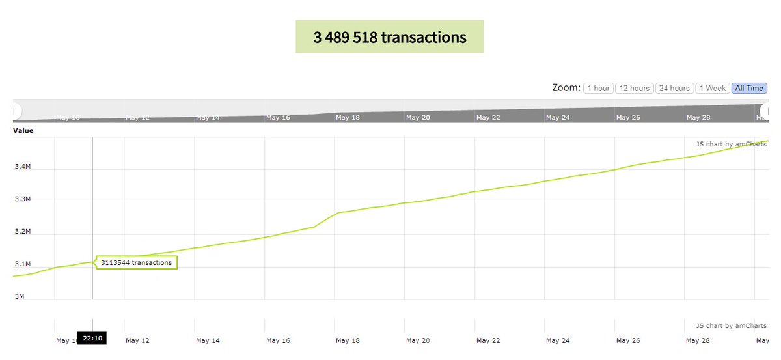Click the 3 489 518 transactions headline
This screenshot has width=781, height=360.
click(389, 37)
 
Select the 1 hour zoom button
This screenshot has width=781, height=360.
click(598, 88)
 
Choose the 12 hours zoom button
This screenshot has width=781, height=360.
click(634, 88)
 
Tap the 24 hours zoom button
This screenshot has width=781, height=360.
click(674, 88)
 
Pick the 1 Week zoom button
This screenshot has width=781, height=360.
click(712, 88)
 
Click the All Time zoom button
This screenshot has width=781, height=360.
click(749, 88)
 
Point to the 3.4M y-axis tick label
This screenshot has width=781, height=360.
click(23, 167)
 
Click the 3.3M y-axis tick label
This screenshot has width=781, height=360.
click(23, 199)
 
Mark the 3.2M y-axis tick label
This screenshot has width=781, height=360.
click(23, 232)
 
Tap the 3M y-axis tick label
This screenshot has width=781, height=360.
click(20, 297)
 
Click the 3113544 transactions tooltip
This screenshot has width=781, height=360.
click(137, 263)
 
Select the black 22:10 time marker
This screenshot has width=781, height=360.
click(92, 339)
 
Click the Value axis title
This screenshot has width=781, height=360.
click(23, 130)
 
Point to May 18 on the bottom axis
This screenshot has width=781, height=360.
click(347, 340)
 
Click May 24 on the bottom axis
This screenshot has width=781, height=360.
click(558, 340)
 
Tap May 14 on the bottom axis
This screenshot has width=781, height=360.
click(208, 340)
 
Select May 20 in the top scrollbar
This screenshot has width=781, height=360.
click(417, 118)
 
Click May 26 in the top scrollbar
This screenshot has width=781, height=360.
click(628, 118)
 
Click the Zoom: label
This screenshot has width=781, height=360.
click(566, 88)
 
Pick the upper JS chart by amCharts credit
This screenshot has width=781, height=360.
click(731, 144)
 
